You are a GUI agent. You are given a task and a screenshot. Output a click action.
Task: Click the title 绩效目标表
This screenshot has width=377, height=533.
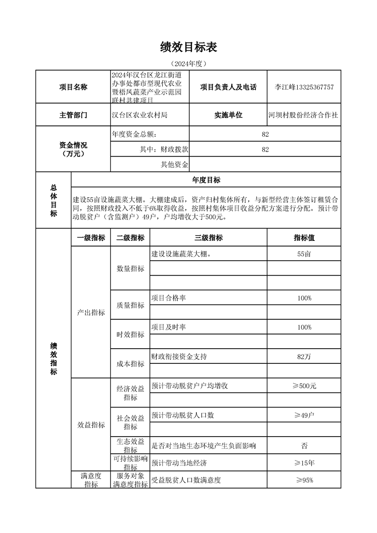coord(189,47)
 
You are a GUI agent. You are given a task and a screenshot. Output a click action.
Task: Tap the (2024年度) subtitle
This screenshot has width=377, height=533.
coord(189,63)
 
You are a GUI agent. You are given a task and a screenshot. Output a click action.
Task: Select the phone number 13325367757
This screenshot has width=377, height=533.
coord(315,87)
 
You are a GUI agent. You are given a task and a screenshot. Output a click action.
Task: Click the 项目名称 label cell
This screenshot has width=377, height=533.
coord(73,87)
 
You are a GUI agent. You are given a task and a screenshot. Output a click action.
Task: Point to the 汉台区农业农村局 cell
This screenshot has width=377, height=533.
coord(139,115)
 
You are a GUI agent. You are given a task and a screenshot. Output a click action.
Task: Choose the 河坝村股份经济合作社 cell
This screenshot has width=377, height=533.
coord(303,115)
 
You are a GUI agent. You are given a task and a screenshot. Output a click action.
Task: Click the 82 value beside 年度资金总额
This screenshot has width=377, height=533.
coord(265,134)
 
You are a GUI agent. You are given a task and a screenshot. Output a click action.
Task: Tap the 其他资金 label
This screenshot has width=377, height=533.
coord(175,165)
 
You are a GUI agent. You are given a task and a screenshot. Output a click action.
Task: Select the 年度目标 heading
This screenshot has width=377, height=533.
coord(206,180)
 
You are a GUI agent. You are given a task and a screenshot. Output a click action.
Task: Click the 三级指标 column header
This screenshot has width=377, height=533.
coord(208,238)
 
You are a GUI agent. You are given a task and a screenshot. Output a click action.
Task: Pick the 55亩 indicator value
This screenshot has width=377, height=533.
coord(304,254)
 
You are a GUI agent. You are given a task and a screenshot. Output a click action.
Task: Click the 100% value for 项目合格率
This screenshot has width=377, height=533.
coord(304,298)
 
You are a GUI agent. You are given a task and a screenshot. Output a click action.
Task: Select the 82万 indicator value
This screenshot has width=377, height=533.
coord(304,357)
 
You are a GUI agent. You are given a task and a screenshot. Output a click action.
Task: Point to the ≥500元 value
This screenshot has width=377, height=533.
coord(304,386)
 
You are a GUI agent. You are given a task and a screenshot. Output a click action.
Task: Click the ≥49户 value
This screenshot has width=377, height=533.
coord(304,415)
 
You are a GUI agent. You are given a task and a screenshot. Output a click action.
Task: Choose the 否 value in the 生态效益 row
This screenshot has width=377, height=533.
coord(304,446)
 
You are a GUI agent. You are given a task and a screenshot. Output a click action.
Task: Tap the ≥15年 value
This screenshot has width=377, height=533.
coord(304,463)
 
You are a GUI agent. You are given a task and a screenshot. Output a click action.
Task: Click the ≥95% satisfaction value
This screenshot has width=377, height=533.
coord(304,480)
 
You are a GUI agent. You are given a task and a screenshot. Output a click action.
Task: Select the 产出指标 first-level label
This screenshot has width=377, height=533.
coord(91,313)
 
